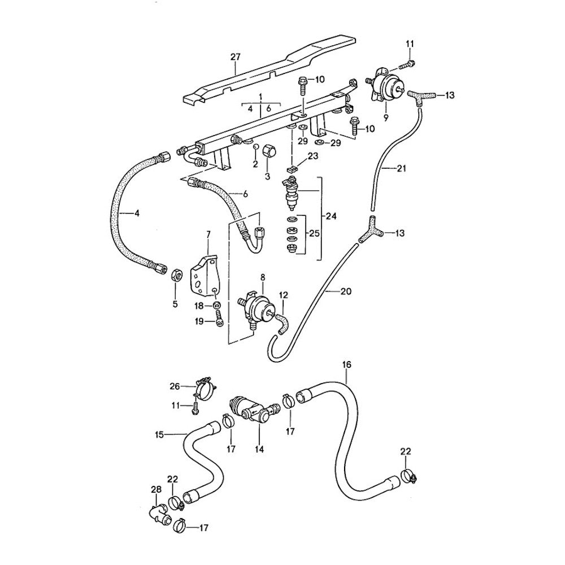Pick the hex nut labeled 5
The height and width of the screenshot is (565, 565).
click(176, 275)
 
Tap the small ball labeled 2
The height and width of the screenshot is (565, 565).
click(255, 147)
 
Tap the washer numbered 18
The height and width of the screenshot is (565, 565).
click(217, 306)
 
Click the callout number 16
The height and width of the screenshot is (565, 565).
click(346, 365)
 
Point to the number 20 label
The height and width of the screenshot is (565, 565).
click(346, 292)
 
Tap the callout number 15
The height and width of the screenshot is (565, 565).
click(159, 434)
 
